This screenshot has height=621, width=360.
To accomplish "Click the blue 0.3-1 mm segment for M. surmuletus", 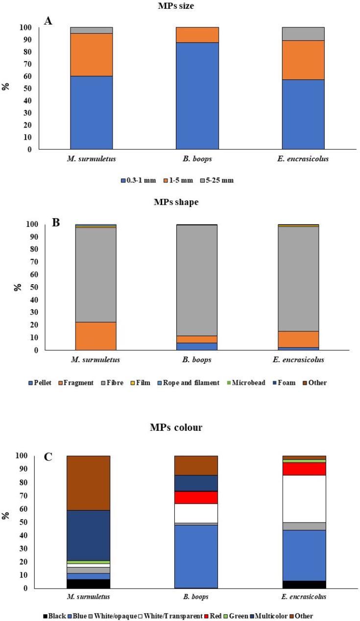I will pos(91,112).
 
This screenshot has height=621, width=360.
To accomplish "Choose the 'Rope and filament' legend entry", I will pos(204,382).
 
